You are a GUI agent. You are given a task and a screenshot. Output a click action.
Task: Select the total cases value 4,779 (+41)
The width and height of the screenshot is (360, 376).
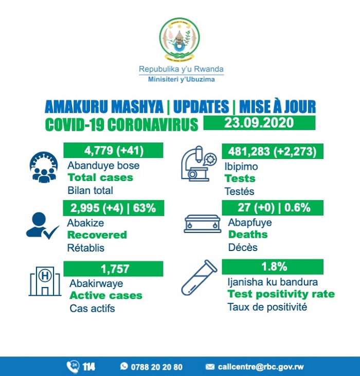(x=113, y=150)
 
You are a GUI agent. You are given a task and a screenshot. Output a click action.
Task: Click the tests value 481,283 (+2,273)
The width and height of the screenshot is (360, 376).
(x=273, y=151)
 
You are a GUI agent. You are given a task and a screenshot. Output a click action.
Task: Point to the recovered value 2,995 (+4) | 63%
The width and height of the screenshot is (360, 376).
(x=113, y=208)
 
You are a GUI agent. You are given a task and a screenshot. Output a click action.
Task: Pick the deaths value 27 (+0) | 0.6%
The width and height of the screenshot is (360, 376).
(x=273, y=208)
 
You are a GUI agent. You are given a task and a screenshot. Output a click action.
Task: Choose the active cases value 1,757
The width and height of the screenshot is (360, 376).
(x=113, y=268)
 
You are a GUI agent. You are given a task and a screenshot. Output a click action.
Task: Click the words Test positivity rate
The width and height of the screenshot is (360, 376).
(x=281, y=295)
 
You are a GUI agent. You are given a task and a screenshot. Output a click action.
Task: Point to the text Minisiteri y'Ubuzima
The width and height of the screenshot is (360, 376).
(x=181, y=80)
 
